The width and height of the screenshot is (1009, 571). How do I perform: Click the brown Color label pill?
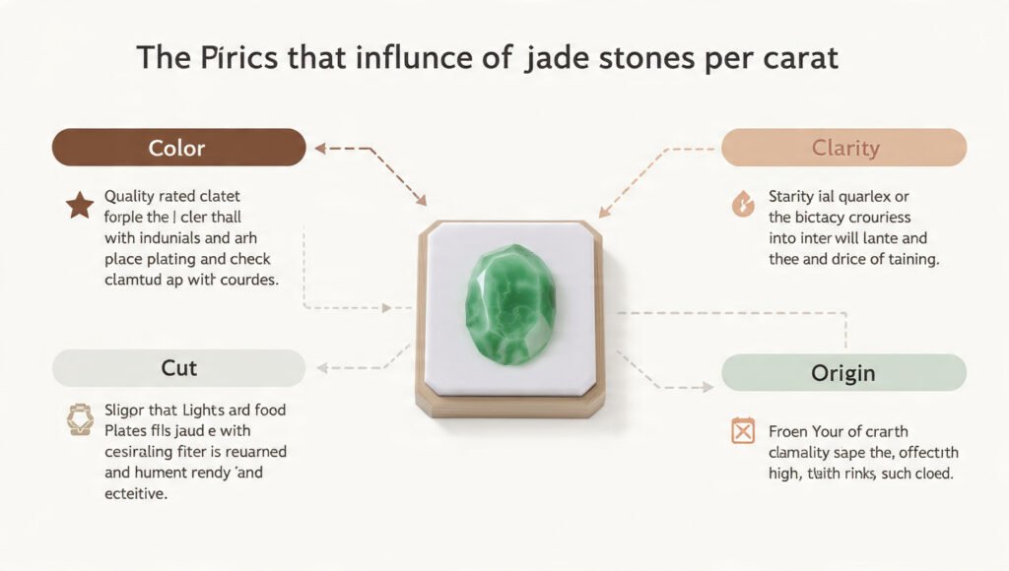click(177, 148)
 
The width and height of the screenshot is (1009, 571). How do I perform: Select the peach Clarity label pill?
click(844, 148)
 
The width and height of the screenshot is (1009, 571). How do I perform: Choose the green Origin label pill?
click(844, 374)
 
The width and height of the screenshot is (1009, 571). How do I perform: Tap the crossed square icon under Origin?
click(742, 430)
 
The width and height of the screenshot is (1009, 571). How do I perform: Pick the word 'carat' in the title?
click(800, 57)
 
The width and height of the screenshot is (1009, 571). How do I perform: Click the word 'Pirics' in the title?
click(225, 57)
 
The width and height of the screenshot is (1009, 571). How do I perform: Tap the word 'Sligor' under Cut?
click(129, 410)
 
